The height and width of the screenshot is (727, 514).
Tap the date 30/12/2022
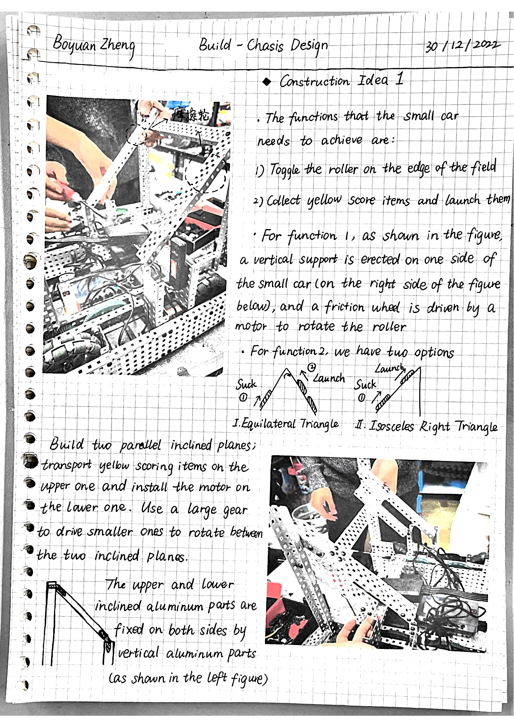463,46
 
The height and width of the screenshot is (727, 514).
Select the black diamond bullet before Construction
267,82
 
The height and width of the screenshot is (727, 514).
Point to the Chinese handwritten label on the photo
192,114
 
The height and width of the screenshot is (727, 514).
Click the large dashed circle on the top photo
206,172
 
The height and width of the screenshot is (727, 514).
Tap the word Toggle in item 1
285,170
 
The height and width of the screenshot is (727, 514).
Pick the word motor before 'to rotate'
251,326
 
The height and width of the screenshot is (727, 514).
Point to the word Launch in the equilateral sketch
329,378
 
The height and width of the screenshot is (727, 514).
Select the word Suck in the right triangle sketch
365,384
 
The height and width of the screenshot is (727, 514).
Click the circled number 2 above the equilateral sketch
311,367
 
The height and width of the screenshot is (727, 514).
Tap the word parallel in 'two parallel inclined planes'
140,445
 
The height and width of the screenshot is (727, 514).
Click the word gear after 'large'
235,510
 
